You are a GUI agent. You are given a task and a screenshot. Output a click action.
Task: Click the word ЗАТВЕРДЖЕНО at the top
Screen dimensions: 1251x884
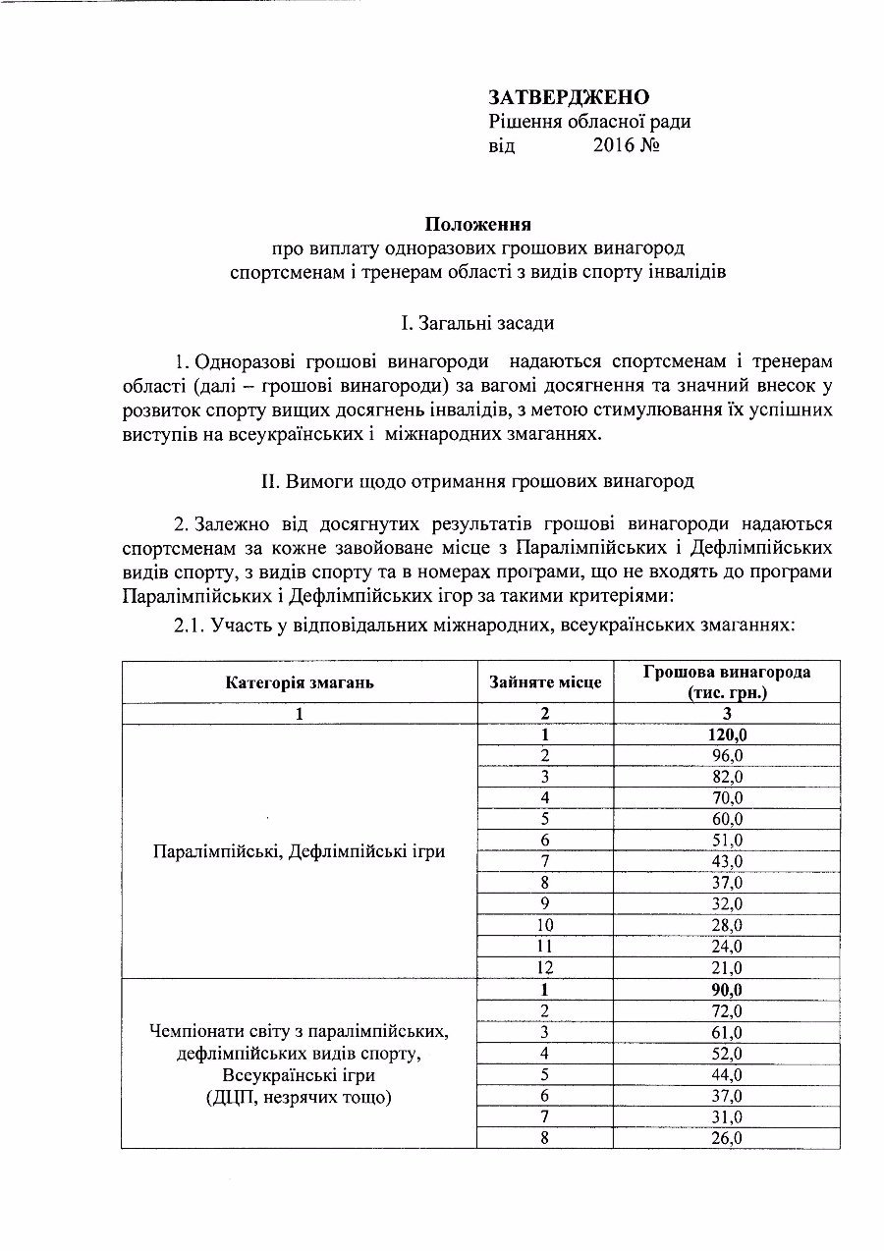pyautogui.click(x=569, y=97)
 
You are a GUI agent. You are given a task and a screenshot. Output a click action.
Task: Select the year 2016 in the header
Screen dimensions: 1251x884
pyautogui.click(x=615, y=146)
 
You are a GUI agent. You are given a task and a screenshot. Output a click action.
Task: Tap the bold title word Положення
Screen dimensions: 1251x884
pyautogui.click(x=478, y=224)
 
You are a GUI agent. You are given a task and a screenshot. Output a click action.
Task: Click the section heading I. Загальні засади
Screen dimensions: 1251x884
pyautogui.click(x=478, y=322)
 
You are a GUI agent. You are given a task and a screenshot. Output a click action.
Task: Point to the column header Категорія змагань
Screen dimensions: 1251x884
pyautogui.click(x=300, y=682)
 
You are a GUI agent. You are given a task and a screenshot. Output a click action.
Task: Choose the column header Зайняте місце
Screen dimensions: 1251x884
pyautogui.click(x=545, y=682)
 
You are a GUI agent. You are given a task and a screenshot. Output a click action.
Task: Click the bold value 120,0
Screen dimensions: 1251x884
pyautogui.click(x=728, y=734)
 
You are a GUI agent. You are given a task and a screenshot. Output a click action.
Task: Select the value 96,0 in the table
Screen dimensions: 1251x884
pyautogui.click(x=728, y=755)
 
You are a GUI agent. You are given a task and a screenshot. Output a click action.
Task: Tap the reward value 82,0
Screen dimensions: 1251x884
pyautogui.click(x=728, y=777)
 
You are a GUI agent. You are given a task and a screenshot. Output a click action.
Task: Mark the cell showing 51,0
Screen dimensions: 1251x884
pyautogui.click(x=728, y=841)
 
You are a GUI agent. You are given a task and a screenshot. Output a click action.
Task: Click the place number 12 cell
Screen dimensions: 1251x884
pyautogui.click(x=545, y=968)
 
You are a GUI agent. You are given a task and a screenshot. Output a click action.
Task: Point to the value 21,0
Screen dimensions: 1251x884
pyautogui.click(x=728, y=968)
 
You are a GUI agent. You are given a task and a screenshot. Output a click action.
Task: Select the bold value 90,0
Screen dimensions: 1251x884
pyautogui.click(x=728, y=990)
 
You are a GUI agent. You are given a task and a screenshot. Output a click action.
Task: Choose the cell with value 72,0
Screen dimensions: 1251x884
pyautogui.click(x=728, y=1011)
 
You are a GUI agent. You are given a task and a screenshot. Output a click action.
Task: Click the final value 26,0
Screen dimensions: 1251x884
pyautogui.click(x=728, y=1138)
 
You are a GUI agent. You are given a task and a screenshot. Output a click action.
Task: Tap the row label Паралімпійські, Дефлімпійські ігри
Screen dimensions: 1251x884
pyautogui.click(x=300, y=851)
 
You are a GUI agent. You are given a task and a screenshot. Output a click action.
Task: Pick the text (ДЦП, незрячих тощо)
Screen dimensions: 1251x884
pyautogui.click(x=300, y=1097)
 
